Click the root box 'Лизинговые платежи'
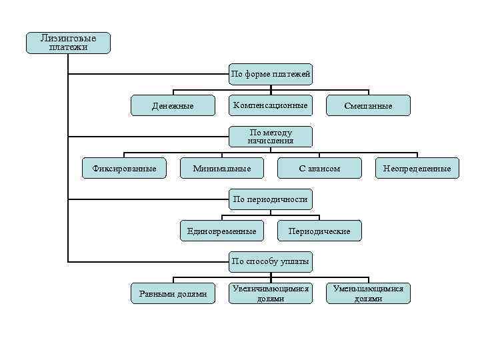coord(68,43)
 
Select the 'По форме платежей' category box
coord(270,74)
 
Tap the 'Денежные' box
coord(173,105)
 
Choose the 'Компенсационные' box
coord(270,105)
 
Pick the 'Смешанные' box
coord(368,105)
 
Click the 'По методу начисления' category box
coord(270,137)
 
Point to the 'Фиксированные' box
coord(123,169)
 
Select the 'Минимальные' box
coord(222,169)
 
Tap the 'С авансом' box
coord(319,169)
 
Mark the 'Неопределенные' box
coord(417,169)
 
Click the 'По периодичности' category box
coord(270,199)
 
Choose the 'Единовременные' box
coord(221,231)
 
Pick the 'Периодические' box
coord(319,231)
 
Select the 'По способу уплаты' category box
coord(270,261)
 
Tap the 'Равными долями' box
coord(173,293)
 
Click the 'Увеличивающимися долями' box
coord(270,293)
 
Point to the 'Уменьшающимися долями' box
coord(368,293)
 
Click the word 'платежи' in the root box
coord(68,47)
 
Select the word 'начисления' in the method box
coord(270,141)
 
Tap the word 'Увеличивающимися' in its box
coord(270,289)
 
